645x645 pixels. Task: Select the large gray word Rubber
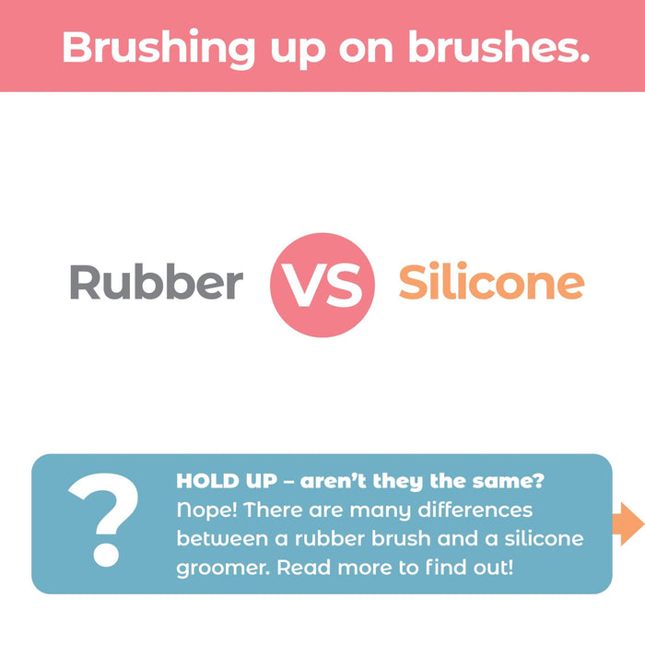click(x=157, y=283)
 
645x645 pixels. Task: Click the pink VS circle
click(x=322, y=285)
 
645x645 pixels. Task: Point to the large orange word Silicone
click(x=491, y=283)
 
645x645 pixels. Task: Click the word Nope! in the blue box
click(x=208, y=510)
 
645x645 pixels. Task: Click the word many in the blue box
click(x=374, y=510)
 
